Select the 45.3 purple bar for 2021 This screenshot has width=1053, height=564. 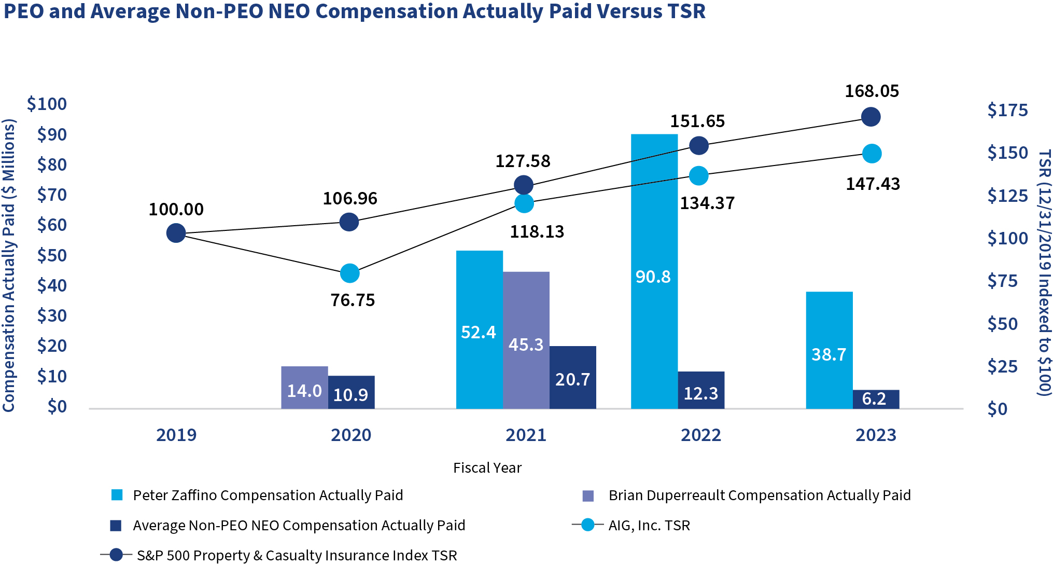click(526, 340)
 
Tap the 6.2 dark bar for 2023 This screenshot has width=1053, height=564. click(876, 399)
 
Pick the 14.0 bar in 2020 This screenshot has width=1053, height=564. click(304, 388)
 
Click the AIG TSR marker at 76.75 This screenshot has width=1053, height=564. click(350, 273)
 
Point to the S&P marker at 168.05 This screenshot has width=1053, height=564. click(871, 117)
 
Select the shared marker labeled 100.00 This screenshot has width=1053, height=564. click(176, 233)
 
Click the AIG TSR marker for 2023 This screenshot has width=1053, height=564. click(872, 154)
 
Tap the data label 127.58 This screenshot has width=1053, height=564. click(523, 161)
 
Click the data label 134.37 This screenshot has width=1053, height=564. click(707, 203)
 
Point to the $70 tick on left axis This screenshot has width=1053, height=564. click(52, 195)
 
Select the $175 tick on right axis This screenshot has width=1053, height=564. click(1007, 111)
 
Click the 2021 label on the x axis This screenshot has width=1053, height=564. click(526, 435)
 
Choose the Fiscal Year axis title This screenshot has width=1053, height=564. click(487, 468)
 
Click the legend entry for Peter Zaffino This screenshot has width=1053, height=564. click(268, 496)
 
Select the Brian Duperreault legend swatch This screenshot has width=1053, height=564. click(588, 496)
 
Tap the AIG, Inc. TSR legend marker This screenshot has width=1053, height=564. click(588, 525)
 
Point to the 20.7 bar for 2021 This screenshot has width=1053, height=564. click(572, 377)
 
